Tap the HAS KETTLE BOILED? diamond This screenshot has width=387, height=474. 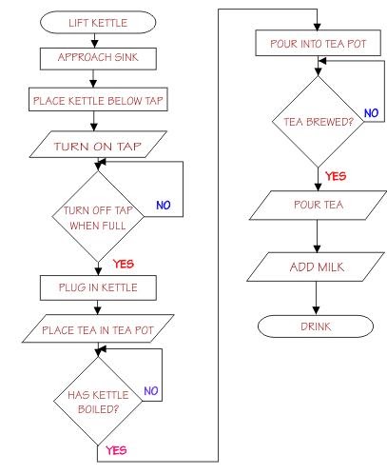pos(99,400)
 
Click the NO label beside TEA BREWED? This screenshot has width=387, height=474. pos(371,112)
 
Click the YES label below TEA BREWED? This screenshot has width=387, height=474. pos(336,176)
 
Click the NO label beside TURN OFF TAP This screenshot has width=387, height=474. pos(163,204)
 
